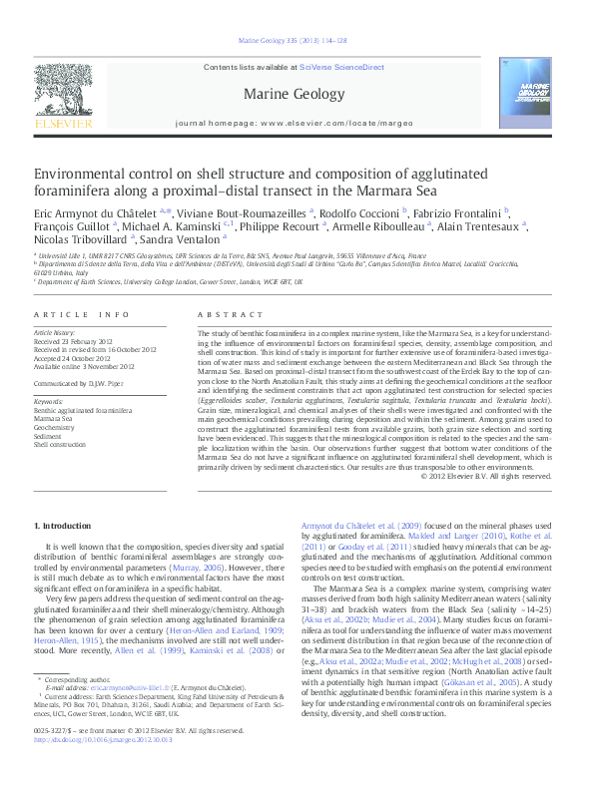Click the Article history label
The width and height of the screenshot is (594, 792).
55,330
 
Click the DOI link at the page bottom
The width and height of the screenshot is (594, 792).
103,768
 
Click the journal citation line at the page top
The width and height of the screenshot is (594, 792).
297,40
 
